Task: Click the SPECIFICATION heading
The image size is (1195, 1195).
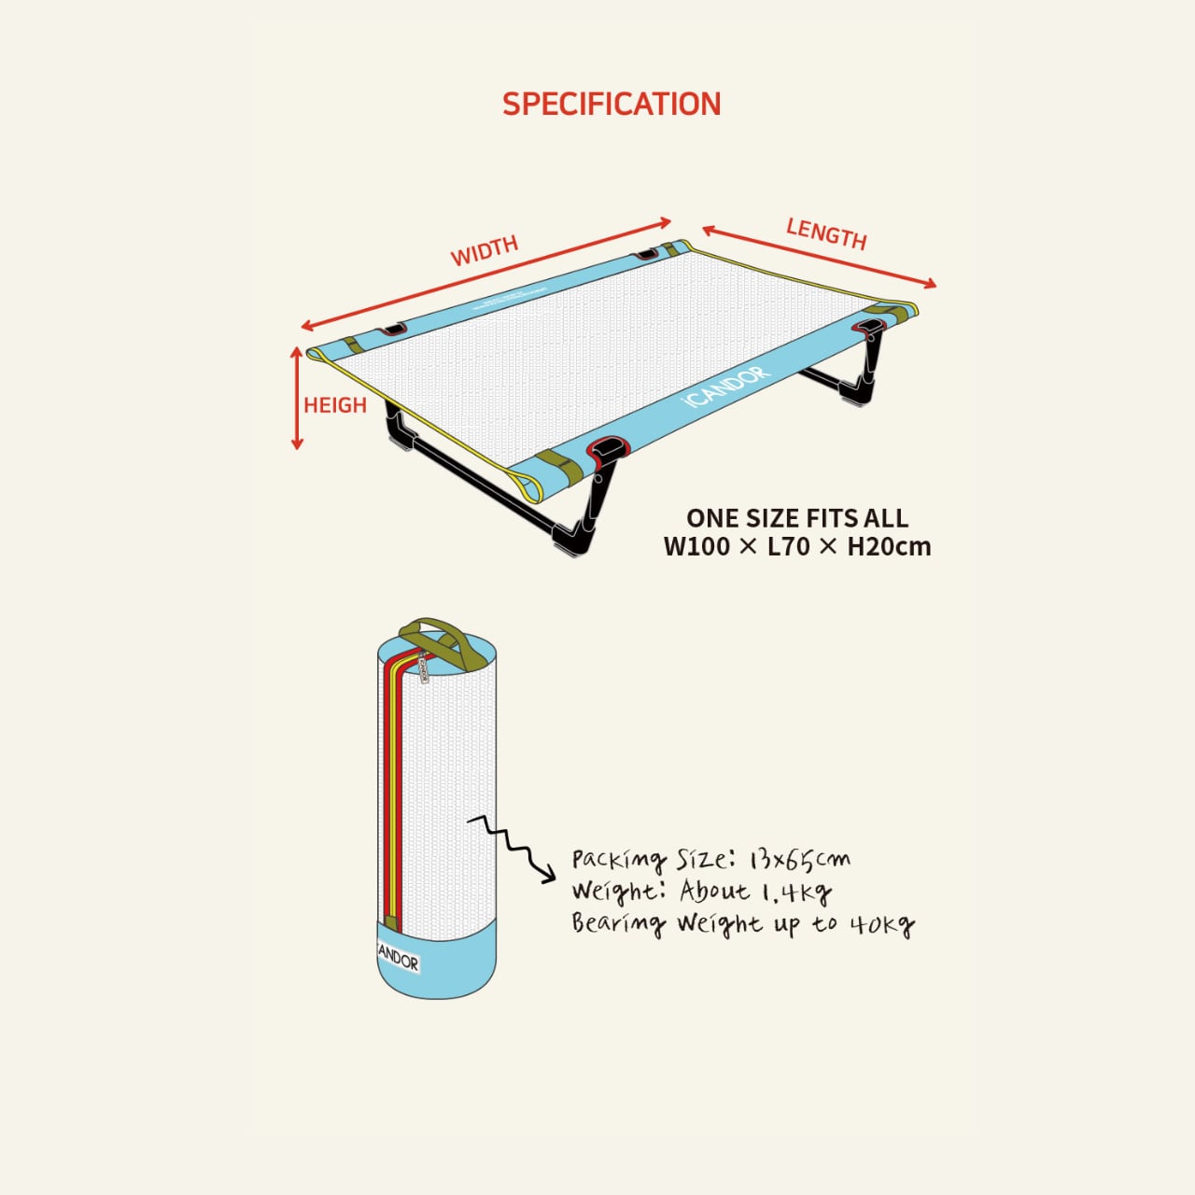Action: pos(612,104)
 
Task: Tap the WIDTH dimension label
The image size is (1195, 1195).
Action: pos(484,250)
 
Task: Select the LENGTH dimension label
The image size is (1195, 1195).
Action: pos(826,232)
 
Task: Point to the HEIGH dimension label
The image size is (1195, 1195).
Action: pos(334,405)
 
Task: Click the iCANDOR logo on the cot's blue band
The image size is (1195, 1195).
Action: pos(726,387)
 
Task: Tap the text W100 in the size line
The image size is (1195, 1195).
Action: pos(696,546)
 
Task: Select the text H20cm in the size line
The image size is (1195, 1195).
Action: pos(889,546)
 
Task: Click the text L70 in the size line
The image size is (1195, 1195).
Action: pos(788,546)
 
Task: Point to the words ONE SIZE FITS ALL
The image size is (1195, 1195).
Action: pos(796,518)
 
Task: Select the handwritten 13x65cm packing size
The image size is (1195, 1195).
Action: pos(800,860)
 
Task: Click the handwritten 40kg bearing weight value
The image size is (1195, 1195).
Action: pos(881,925)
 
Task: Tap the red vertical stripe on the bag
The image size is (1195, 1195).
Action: pos(387,794)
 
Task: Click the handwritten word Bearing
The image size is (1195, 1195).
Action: pos(618,924)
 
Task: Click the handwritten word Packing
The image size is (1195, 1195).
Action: pos(618,860)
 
